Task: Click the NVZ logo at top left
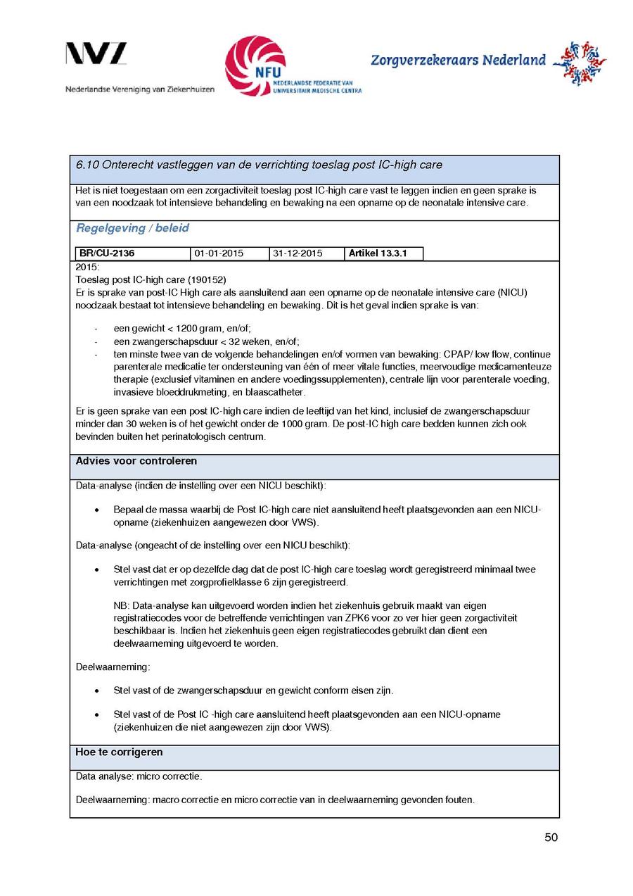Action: (96, 55)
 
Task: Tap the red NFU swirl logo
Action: (255, 65)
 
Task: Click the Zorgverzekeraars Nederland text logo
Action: (458, 61)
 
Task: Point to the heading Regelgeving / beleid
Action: (132, 228)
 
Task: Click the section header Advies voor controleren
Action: (136, 461)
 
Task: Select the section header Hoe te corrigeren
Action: (119, 752)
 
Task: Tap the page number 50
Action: (551, 838)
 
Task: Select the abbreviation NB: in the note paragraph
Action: (121, 605)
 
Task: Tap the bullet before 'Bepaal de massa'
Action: (96, 509)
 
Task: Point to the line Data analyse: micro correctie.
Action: (139, 776)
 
